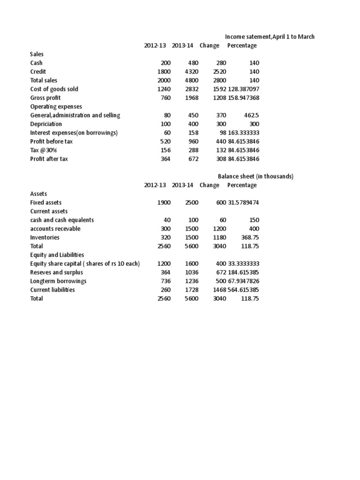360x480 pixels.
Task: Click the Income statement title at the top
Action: click(270, 37)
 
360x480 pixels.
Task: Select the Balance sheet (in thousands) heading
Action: click(255, 176)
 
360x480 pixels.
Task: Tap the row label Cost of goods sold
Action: click(54, 89)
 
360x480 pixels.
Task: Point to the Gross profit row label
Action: click(45, 98)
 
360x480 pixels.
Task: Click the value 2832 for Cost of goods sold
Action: click(192, 89)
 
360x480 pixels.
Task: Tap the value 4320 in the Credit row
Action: click(192, 72)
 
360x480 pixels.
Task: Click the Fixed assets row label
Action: click(46, 202)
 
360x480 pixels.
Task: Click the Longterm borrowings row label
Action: click(58, 281)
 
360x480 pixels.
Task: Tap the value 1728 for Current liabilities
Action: click(192, 290)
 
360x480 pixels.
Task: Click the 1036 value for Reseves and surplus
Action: click(192, 272)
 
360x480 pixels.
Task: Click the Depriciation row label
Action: click(46, 124)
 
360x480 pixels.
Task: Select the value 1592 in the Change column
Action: click(219, 89)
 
